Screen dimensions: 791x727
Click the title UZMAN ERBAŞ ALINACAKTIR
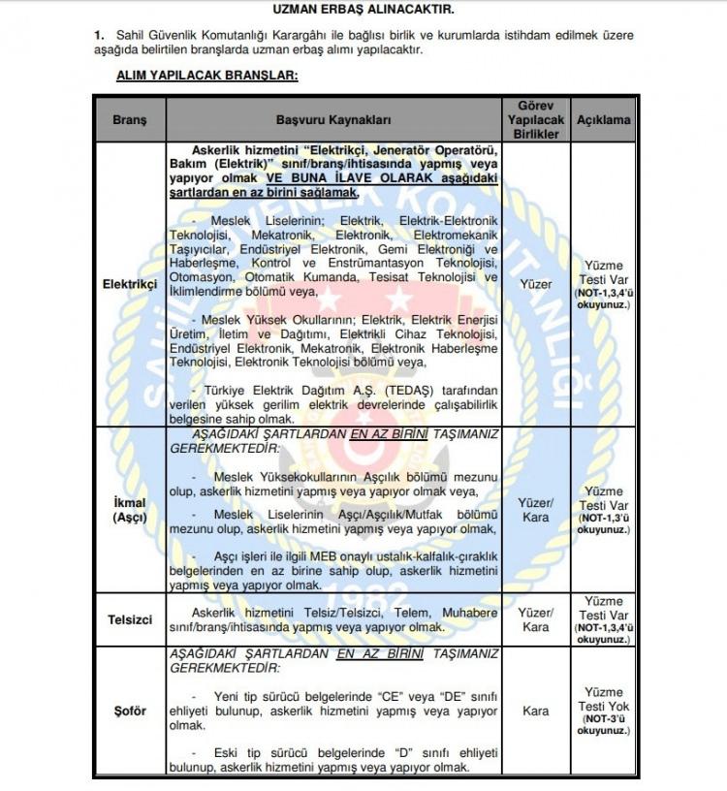pos(363,9)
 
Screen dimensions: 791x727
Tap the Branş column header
pos(129,120)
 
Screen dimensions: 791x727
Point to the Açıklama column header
pos(604,120)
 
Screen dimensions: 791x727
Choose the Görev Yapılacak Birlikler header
pos(536,120)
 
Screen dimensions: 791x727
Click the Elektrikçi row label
pos(129,284)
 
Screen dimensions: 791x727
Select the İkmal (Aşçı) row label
pos(129,510)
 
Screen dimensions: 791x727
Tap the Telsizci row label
pos(129,619)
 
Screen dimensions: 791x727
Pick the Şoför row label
pos(129,711)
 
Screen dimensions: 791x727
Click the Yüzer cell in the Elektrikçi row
pos(536,284)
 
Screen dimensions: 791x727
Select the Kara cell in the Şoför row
pos(536,711)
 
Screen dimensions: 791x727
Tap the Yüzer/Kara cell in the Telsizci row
pos(536,619)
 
